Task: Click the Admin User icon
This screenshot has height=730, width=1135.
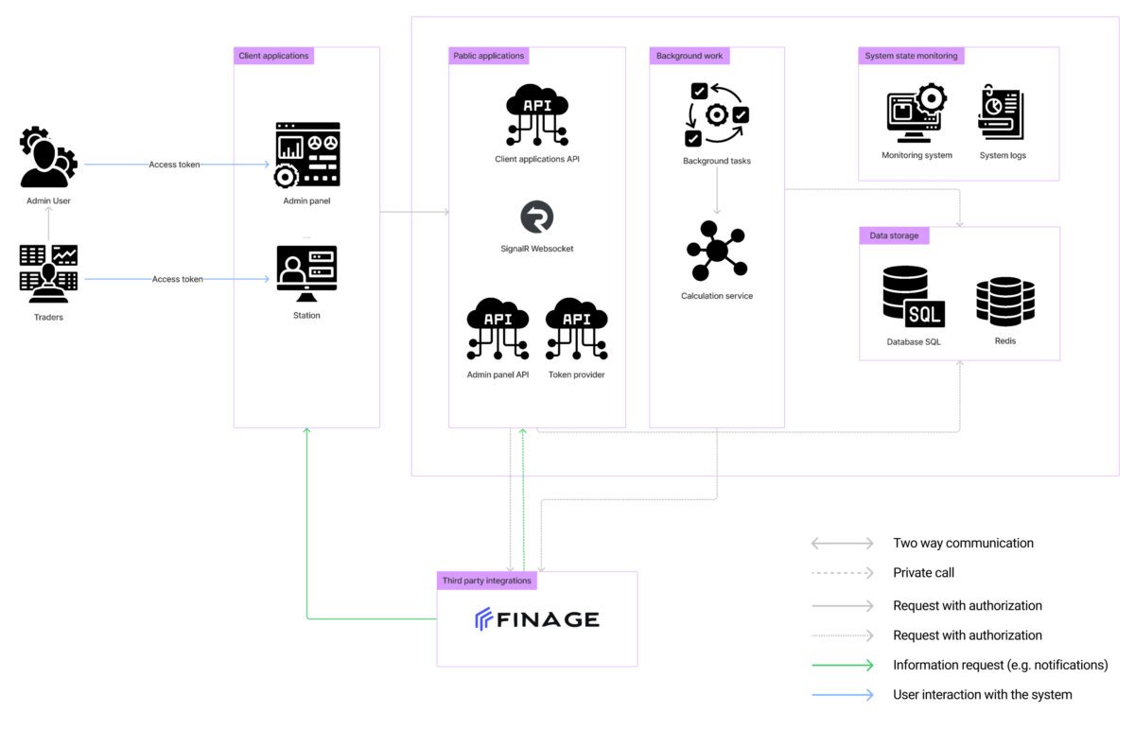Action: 48,157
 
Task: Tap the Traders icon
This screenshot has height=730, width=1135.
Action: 48,274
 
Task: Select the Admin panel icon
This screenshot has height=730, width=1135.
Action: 307,154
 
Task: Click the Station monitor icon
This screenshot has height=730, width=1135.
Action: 307,273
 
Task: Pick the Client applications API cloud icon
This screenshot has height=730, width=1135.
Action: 537,115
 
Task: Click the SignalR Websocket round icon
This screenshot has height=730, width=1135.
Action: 537,217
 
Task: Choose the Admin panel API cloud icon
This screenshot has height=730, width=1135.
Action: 498,329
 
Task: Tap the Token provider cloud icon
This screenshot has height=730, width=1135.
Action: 577,329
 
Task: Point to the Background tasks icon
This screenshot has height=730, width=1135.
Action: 717,115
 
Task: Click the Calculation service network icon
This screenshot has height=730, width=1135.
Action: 717,251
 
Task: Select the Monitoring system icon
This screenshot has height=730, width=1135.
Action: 917,113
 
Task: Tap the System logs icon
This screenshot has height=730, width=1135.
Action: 1002,112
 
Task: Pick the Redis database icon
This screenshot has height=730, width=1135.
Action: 1005,302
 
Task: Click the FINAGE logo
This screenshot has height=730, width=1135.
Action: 537,619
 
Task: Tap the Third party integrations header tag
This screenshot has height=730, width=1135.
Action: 487,581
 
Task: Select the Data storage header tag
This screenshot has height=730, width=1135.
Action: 895,235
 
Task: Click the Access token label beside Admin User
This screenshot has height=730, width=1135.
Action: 174,165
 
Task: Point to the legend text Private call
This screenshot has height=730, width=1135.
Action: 924,573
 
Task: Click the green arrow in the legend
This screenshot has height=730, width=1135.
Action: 843,665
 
